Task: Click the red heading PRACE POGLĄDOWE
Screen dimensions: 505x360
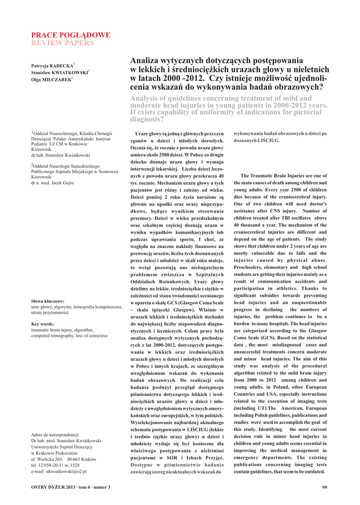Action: pos(71,36)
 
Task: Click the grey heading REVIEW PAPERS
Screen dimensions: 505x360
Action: pos(62,43)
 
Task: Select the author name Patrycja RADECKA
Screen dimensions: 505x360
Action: pos(52,66)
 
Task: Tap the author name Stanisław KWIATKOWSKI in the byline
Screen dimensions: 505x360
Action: pos(59,72)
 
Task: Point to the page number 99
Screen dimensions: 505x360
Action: pos(324,488)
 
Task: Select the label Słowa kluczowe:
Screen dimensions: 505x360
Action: pos(48,301)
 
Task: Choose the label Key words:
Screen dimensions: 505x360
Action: pos(42,324)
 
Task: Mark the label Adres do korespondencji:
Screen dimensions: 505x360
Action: pos(55,434)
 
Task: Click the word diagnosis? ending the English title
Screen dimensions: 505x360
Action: pos(147,119)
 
